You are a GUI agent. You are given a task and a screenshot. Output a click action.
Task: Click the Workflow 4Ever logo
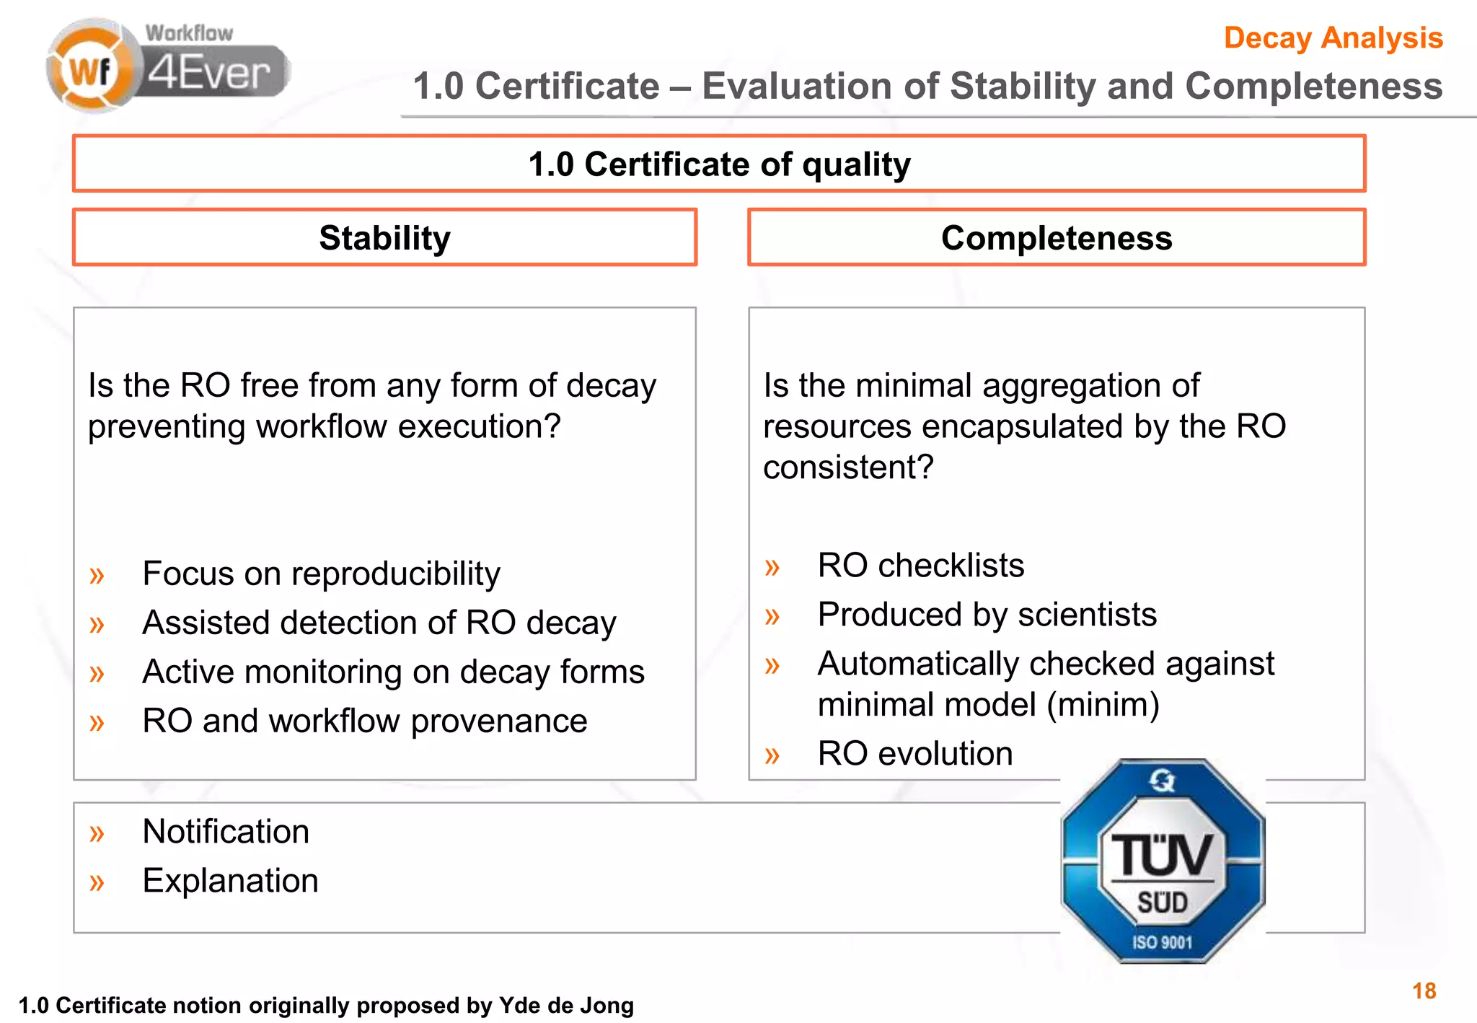coord(168,66)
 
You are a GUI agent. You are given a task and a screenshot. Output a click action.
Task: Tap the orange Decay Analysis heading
coord(1333,38)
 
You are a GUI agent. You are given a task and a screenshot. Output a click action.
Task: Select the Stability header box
coord(384,237)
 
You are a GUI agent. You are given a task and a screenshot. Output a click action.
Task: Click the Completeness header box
coord(1057,237)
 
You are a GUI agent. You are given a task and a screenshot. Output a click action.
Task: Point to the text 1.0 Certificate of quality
coord(719,164)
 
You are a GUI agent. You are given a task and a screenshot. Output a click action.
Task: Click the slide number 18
coord(1424,991)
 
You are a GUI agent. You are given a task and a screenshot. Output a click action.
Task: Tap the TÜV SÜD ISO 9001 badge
coord(1163,861)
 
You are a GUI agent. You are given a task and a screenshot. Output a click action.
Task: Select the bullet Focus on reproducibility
coord(321,574)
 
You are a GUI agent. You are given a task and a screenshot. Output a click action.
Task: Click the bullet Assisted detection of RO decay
coord(379,623)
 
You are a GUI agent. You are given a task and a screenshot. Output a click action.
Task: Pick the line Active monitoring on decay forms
coord(393,672)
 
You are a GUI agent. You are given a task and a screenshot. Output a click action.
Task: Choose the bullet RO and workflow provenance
coord(365,721)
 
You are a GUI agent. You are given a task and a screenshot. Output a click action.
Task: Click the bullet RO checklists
coord(921,565)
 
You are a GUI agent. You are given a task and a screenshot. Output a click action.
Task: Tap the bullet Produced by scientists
coord(987,615)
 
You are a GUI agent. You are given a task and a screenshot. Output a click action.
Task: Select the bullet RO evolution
coord(915,753)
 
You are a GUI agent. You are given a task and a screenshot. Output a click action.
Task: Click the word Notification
coord(226,831)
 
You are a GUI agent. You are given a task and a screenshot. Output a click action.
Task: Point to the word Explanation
coord(230,881)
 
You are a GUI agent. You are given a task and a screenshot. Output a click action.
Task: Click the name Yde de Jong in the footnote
coord(566,1005)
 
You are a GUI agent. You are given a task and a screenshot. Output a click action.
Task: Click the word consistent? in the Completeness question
coord(848,467)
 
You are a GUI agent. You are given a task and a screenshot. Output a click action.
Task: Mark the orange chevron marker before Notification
coord(97,833)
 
